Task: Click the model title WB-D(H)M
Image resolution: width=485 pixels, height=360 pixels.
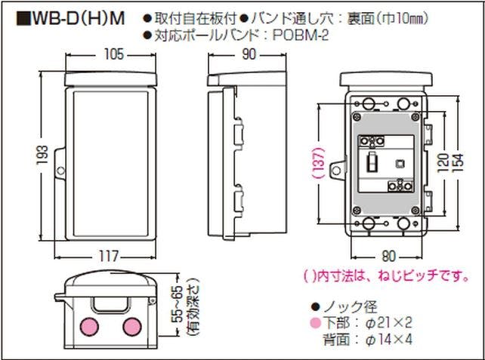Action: tap(67, 17)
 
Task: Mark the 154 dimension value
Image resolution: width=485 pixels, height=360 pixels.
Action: tap(457, 161)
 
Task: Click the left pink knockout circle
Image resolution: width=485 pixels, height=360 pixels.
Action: tap(90, 327)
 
